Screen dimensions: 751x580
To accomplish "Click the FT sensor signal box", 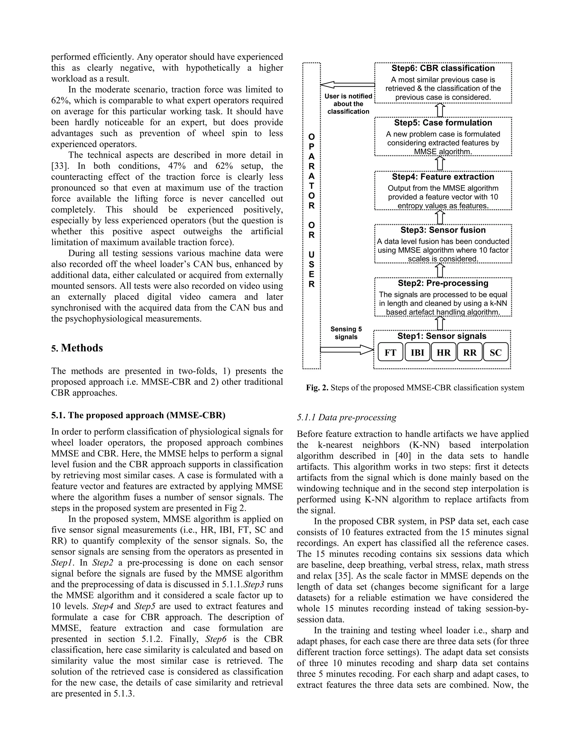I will pos(390,353).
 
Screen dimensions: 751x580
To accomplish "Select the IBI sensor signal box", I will pos(417,353).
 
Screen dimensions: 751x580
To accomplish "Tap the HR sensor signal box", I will pos(443,353).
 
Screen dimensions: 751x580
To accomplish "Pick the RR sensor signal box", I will pos(470,353).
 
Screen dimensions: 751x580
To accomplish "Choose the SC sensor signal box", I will pos(496,353).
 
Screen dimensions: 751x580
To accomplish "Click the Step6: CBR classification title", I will pos(443,68).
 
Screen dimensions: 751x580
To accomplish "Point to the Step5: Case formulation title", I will pos(443,123).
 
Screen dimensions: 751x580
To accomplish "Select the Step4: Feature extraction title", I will pos(443,177).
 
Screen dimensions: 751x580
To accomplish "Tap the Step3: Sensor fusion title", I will pos(443,230).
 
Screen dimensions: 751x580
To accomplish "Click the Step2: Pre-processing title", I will pos(443,283).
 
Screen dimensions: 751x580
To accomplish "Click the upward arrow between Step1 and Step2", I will pos(440,324).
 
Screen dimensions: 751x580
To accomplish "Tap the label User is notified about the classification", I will pos(348,104).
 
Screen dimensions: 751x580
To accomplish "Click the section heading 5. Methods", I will pos(77,348).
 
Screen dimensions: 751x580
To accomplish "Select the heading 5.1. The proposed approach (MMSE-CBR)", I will pos(138,415).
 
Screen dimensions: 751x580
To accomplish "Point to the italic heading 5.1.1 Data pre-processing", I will pos(346,417).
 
